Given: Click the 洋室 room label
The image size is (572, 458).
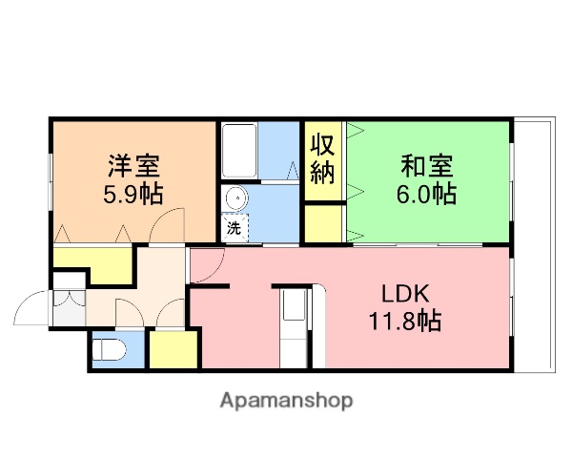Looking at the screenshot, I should tap(133, 165).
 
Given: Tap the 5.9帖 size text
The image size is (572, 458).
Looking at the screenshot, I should tap(133, 193).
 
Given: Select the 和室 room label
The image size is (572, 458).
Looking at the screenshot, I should tap(426, 165).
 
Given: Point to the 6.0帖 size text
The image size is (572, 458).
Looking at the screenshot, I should tap(426, 194).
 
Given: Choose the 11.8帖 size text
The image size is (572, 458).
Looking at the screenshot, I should tap(405, 322).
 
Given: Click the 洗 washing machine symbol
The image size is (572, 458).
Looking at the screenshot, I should tap(234, 228).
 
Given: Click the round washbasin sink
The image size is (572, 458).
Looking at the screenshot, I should tap(235, 198).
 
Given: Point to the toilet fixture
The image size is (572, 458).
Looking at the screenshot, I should tap(111, 350).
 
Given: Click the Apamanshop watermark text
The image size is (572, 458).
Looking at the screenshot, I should tap(286, 401).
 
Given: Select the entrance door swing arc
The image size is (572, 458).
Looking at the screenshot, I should tap(31, 310).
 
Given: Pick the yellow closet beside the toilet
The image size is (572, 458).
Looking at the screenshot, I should tap(173, 350).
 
